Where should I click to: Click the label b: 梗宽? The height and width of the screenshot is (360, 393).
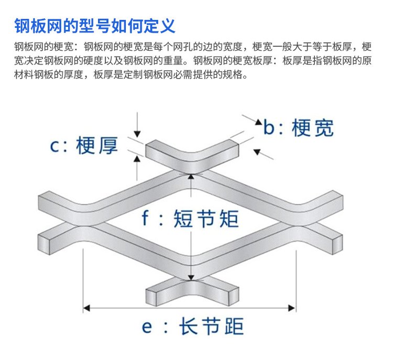[298, 127]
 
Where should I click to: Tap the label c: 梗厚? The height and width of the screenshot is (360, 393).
[84, 146]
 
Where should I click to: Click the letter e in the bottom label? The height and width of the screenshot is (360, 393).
[147, 328]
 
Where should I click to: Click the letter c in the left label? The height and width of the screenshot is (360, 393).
[56, 146]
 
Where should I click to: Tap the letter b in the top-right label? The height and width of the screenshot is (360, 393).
[269, 127]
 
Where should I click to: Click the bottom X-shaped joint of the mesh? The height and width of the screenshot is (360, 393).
[191, 291]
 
